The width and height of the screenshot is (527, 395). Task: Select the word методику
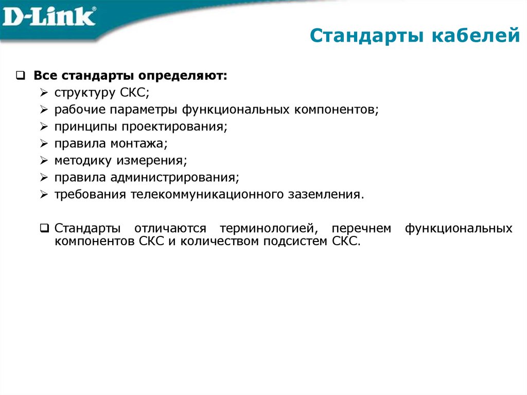[83, 161]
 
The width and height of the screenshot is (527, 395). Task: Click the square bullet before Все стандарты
[20, 76]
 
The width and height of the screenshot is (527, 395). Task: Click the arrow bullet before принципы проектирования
[44, 127]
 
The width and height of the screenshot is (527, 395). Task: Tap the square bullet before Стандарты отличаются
[45, 228]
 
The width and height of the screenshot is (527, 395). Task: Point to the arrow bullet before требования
[44, 195]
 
